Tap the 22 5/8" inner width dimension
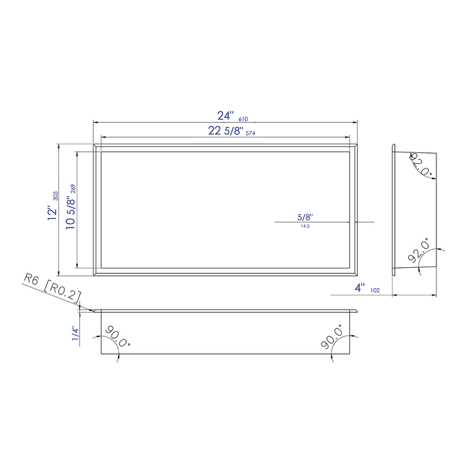coord(225,132)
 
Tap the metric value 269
coord(73,189)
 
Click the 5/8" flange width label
coord(305,217)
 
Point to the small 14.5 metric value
coord(305,226)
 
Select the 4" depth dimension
coord(360,288)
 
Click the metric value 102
coord(374,291)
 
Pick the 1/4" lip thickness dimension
coord(77,334)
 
